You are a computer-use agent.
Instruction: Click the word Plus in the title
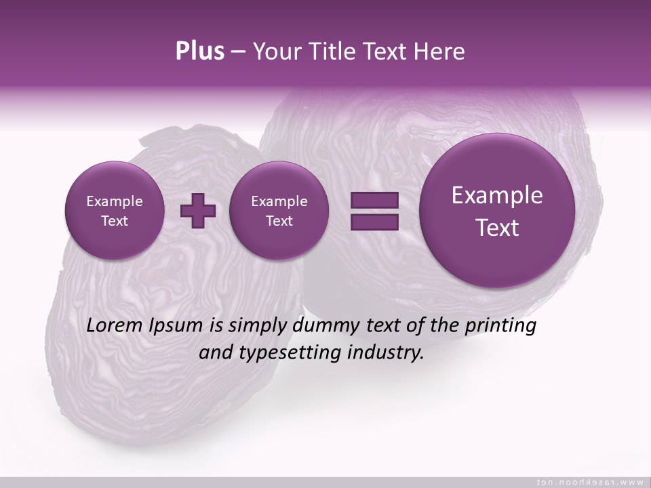tap(199, 52)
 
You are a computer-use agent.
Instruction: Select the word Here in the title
tap(440, 52)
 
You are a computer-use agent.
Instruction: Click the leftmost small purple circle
tap(115, 211)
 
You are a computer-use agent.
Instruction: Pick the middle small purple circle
tap(279, 211)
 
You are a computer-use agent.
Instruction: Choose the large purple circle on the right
tap(497, 211)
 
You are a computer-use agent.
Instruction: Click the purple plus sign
tap(198, 211)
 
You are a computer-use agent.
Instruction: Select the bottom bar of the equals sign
tap(374, 222)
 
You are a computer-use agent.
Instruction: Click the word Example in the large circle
tap(497, 195)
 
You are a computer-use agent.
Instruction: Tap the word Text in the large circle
tap(497, 228)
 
